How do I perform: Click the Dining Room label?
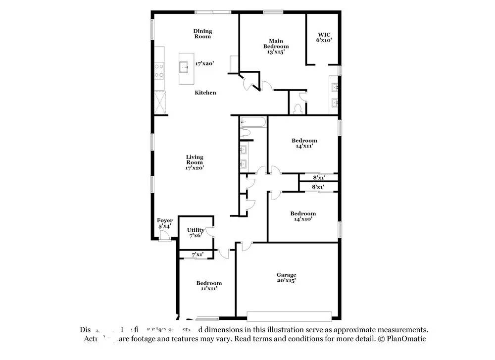tap(202, 34)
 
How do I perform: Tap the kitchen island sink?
tap(185, 65)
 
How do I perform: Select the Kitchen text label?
tap(205, 93)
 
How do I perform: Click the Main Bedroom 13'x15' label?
tap(276, 46)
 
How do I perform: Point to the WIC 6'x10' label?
tap(324, 37)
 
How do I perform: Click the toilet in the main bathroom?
tap(297, 108)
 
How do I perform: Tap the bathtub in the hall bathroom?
tap(253, 122)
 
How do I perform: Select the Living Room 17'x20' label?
tap(195, 162)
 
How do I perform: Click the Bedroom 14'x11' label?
tap(304, 144)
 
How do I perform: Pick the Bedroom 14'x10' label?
tap(303, 216)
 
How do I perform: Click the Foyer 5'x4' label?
tap(165, 223)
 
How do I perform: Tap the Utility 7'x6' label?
tap(196, 233)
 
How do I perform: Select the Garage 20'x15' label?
tap(286, 278)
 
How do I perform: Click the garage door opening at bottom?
tap(289, 316)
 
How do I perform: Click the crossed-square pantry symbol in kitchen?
tap(160, 103)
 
